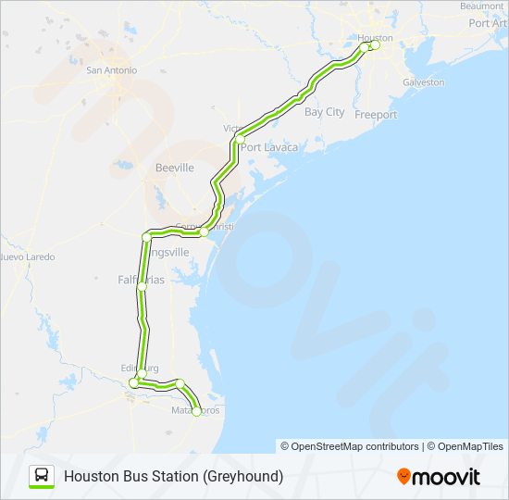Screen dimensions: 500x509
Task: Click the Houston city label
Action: point(376,38)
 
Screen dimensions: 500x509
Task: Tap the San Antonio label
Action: point(111,69)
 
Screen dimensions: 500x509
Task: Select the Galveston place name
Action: point(423,82)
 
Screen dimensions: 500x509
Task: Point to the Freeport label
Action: point(376,115)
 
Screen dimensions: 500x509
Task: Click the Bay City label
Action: point(324,112)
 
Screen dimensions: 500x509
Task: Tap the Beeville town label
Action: point(174,168)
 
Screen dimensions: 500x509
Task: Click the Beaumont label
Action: point(482,6)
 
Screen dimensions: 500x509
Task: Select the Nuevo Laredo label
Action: point(28,256)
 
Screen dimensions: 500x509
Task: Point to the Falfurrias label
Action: point(141,279)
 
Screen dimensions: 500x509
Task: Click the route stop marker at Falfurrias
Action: point(142,288)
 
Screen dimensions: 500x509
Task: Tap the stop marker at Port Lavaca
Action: point(240,140)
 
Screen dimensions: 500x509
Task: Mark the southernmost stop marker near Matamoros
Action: point(196,412)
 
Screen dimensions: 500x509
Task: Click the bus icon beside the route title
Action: point(43,476)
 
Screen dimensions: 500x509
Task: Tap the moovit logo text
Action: point(447,477)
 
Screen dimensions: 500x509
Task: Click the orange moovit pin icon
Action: point(403,476)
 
